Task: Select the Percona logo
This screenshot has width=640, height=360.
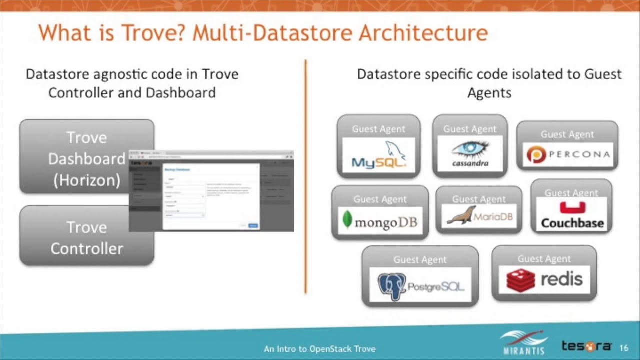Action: [x=567, y=154]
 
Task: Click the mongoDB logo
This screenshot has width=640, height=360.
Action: [x=380, y=221]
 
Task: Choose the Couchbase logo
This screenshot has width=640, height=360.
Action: [x=572, y=216]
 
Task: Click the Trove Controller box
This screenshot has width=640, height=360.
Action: [x=87, y=238]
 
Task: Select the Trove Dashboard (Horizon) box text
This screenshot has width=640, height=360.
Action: [x=86, y=159]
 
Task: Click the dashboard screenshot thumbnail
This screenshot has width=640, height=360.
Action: [x=211, y=191]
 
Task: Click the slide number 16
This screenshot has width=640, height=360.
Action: [x=623, y=348]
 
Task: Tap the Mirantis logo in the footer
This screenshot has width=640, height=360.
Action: [x=523, y=343]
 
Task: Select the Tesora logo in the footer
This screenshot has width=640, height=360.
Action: [x=586, y=346]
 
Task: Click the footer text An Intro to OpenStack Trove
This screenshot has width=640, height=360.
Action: [x=319, y=349]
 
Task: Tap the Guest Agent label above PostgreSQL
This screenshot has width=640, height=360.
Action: [x=420, y=259]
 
